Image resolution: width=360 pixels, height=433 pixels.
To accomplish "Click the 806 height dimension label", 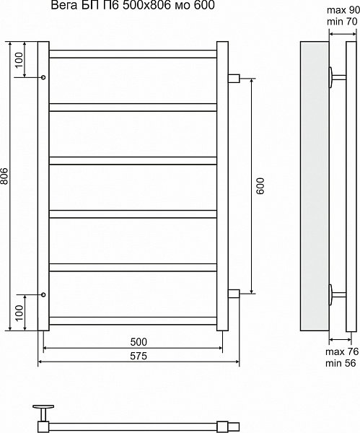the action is tap(4, 176).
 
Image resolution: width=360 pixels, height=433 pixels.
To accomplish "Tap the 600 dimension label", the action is tap(260, 186).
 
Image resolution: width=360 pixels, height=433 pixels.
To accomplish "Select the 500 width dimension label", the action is tap(139, 342).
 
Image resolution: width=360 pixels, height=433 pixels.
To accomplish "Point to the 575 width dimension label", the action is tap(139, 356).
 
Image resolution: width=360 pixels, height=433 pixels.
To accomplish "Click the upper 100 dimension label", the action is tap(19, 60).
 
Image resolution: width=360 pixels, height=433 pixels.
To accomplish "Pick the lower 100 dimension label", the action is tap(19, 313).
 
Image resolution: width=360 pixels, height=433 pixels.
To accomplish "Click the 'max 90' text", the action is tap(343, 10).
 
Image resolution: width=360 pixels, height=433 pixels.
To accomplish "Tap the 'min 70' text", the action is tap(342, 21).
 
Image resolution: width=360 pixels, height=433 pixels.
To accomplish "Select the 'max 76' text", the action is tap(342, 351).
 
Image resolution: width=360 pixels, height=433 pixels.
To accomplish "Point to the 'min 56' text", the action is tap(341, 363).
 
